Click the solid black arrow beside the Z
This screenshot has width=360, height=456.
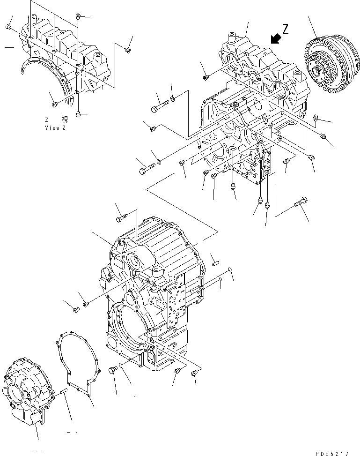(277, 38)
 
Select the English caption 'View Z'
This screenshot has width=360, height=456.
(55, 128)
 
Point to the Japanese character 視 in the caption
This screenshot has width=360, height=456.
(64, 120)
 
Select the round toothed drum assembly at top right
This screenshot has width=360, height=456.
(330, 66)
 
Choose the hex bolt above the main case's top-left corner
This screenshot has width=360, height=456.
(121, 217)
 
